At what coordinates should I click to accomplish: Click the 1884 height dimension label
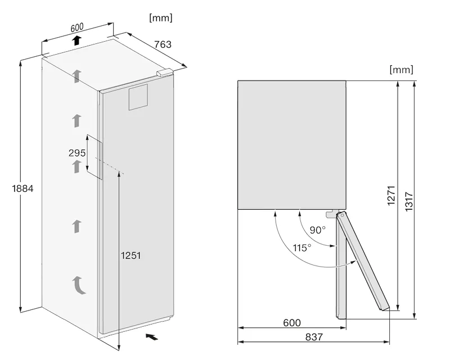click(x=22, y=188)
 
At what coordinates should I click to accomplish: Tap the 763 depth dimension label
click(x=163, y=44)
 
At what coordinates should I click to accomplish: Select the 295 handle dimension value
click(x=77, y=153)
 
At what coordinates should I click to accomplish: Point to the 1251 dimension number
click(x=131, y=255)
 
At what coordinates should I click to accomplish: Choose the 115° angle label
click(x=302, y=247)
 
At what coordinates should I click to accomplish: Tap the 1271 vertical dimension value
click(x=391, y=196)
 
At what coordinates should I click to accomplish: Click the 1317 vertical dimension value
click(x=409, y=202)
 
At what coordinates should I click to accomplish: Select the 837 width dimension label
click(x=314, y=337)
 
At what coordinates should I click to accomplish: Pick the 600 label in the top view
click(x=292, y=323)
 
